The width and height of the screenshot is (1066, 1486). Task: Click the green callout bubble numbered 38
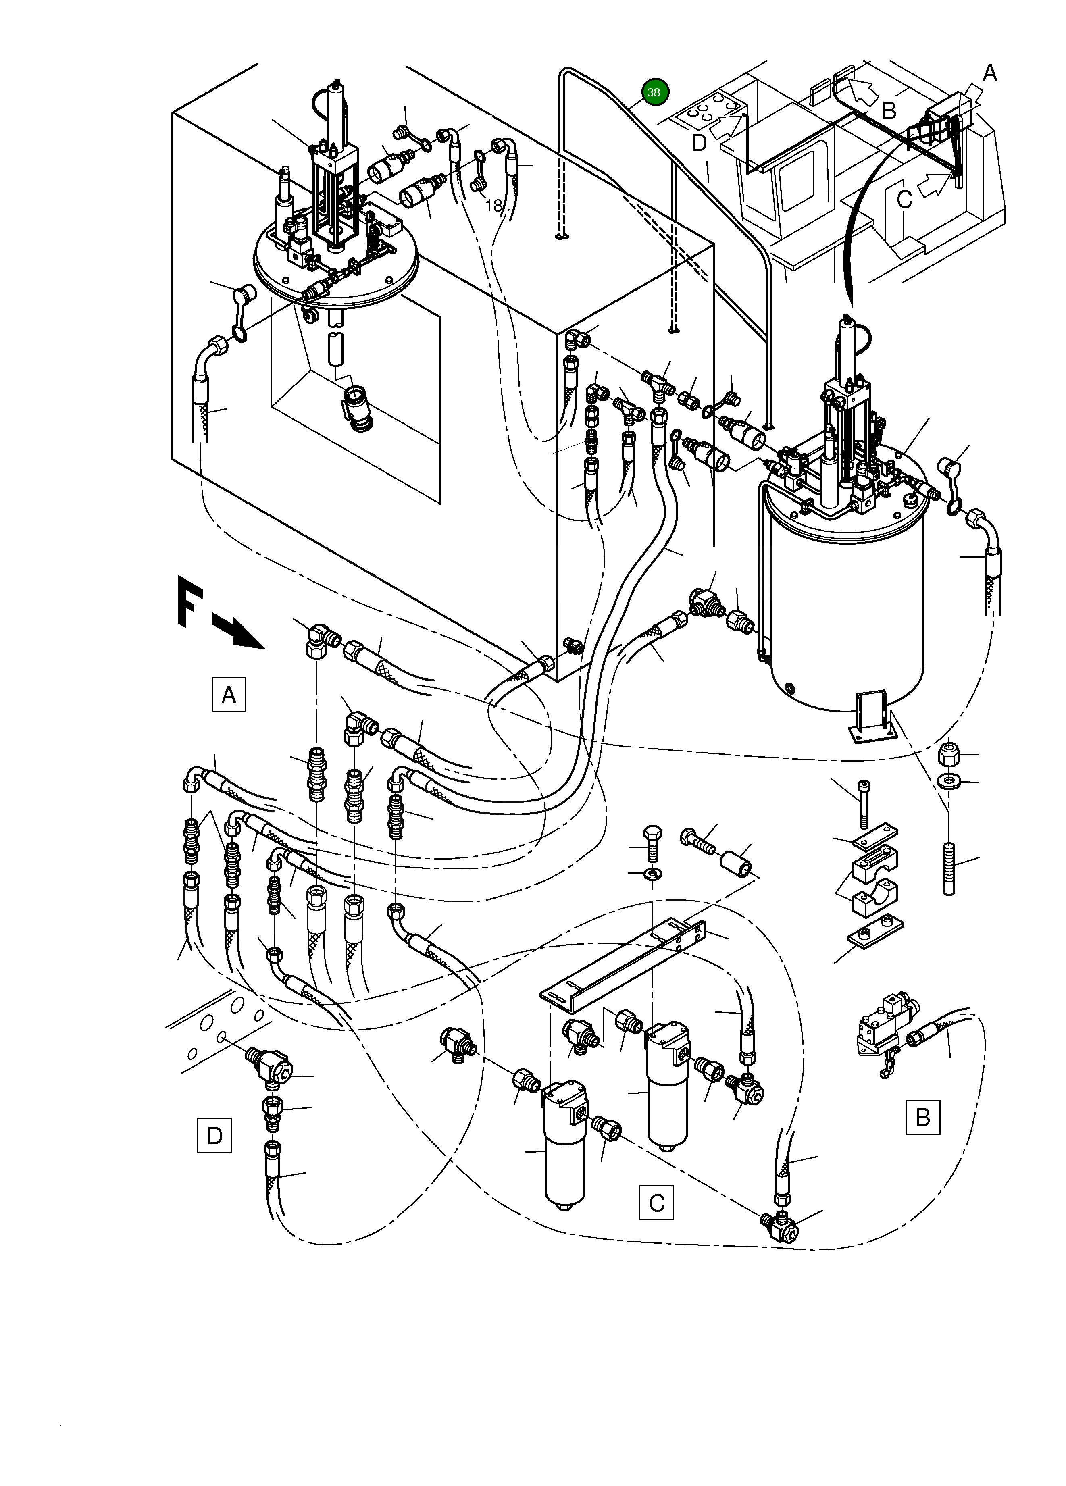tap(653, 92)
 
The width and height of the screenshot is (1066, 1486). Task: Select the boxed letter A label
tap(229, 695)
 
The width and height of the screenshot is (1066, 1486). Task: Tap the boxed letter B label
tap(922, 1117)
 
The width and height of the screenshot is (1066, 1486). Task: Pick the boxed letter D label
tap(214, 1136)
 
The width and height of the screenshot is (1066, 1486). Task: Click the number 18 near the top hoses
tap(493, 206)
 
